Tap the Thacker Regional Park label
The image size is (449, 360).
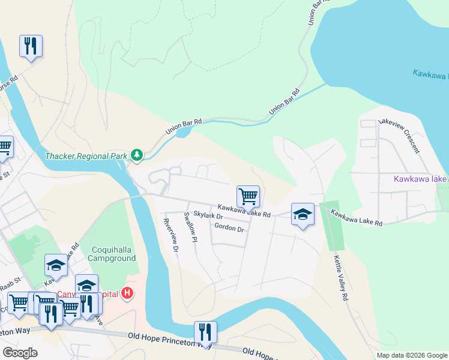pyautogui.click(x=86, y=156)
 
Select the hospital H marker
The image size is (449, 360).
pyautogui.click(x=127, y=293)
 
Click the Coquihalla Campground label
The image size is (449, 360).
pyautogui.click(x=112, y=254)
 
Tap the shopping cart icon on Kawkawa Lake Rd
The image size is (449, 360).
pyautogui.click(x=248, y=196)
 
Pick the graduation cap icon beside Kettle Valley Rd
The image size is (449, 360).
pyautogui.click(x=303, y=214)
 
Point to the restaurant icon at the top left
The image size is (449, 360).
pyautogui.click(x=31, y=46)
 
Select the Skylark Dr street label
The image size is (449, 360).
pyautogui.click(x=208, y=215)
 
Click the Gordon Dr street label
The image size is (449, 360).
pyautogui.click(x=229, y=228)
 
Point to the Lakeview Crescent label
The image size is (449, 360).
pyautogui.click(x=398, y=136)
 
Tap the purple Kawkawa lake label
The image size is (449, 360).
pyautogui.click(x=420, y=179)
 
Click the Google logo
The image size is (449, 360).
pyautogui.click(x=20, y=353)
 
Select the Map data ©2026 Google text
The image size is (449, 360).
pyautogui.click(x=411, y=355)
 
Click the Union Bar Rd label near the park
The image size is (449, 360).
pyautogui.click(x=184, y=126)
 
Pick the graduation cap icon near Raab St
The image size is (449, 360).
pyautogui.click(x=56, y=265)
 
